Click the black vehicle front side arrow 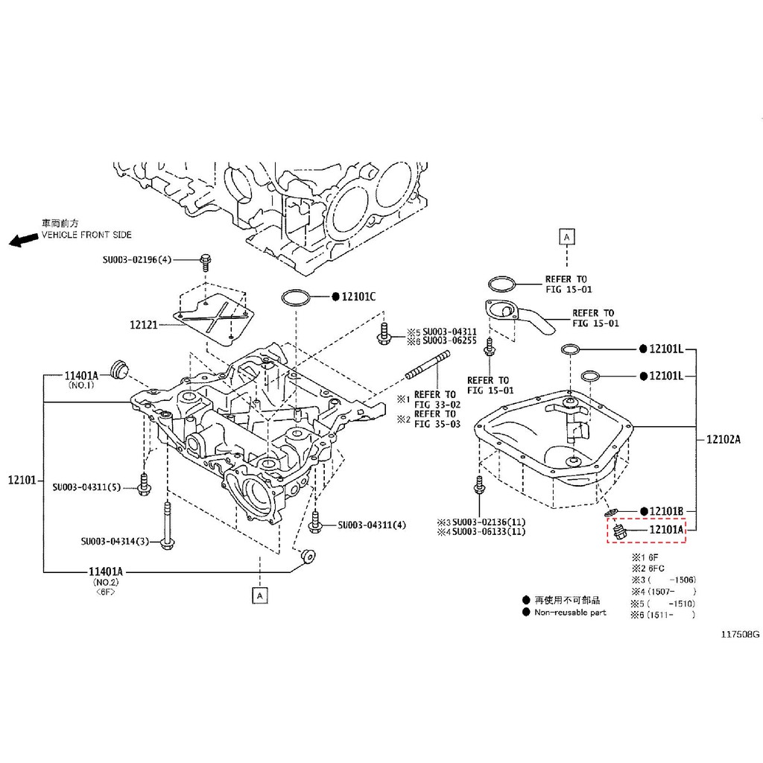23,239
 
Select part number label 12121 144,325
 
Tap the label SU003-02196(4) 137,260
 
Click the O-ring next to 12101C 295,297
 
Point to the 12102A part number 723,440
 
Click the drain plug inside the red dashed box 618,532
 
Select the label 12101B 666,511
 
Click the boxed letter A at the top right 566,238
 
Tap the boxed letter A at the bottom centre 260,595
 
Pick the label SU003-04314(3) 115,541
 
